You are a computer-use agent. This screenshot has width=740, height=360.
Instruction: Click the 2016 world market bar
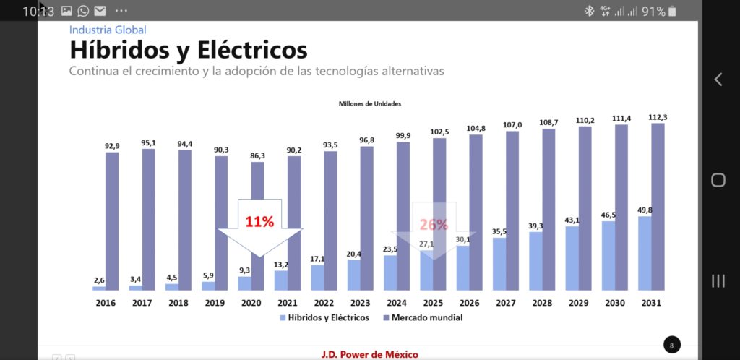[112, 220]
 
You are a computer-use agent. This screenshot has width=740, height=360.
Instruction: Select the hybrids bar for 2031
[645, 253]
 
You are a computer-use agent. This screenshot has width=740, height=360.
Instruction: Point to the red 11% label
[259, 222]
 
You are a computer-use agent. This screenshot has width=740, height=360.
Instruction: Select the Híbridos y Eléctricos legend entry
[323, 317]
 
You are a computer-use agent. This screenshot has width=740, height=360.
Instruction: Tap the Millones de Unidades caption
[370, 104]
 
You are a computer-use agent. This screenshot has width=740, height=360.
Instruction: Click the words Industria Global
[108, 30]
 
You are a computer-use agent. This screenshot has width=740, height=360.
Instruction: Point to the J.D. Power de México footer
[369, 354]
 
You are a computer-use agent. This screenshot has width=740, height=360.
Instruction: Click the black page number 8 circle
[671, 346]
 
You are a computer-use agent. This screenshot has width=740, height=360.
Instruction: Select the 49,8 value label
[645, 210]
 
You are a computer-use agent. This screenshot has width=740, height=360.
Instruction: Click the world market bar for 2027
[512, 210]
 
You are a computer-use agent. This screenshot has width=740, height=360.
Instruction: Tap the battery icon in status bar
[673, 11]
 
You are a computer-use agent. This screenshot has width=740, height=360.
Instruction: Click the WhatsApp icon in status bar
[83, 11]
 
